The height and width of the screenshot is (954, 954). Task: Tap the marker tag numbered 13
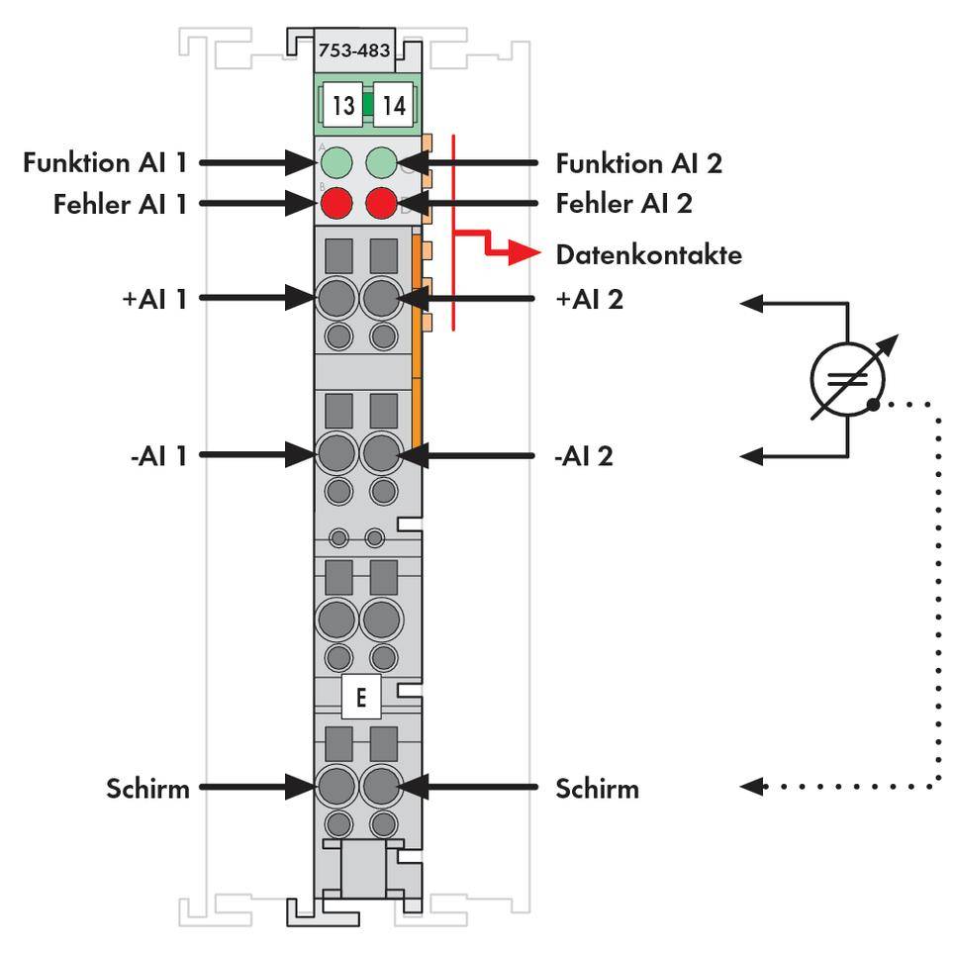point(342,106)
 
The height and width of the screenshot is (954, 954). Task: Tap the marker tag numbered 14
point(394,106)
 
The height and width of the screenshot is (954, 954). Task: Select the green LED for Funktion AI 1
point(336,161)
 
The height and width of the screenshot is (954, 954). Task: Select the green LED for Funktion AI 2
point(382,161)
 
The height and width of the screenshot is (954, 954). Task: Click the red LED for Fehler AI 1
point(336,204)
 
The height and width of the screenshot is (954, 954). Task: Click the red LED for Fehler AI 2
point(382,204)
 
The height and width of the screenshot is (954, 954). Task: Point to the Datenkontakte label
point(648,255)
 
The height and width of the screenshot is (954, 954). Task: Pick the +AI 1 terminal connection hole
point(336,296)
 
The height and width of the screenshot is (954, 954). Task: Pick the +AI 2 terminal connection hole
point(381,296)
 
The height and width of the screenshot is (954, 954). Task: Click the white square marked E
point(360,698)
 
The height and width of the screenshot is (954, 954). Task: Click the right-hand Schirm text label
point(597,789)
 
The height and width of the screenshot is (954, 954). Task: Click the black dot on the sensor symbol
point(872,404)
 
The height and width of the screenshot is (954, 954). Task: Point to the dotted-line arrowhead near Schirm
point(753,787)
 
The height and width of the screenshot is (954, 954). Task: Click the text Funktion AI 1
point(105,162)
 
